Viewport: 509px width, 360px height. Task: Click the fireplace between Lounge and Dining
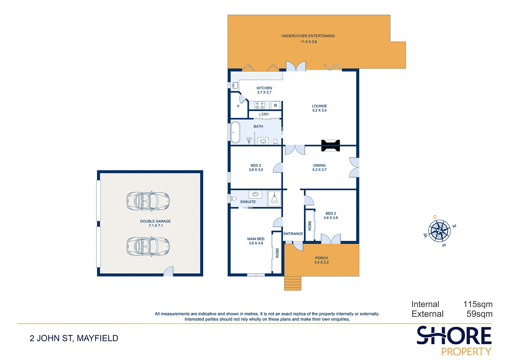coord(331,146)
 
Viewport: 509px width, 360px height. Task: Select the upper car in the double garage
coord(148,201)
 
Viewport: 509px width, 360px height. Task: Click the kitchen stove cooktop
coord(260,105)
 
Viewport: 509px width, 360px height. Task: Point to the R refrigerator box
coord(276,106)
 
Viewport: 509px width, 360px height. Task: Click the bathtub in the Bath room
coord(235,132)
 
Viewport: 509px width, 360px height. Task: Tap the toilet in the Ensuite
coord(233,198)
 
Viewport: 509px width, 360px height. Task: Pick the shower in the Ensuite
coord(274,199)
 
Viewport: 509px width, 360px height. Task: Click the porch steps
coord(293,283)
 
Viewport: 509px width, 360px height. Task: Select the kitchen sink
coord(235,86)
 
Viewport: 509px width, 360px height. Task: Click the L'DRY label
coord(264,114)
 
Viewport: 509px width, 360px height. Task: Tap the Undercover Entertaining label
coord(308,36)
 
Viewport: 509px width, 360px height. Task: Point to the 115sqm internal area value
coord(478,304)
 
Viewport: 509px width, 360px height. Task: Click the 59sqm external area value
coord(479,314)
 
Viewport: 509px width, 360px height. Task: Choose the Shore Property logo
coord(454,341)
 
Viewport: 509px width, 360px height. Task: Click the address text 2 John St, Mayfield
coord(74,338)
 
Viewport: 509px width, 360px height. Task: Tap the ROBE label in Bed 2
coord(310,226)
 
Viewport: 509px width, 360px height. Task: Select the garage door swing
coord(168,271)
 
